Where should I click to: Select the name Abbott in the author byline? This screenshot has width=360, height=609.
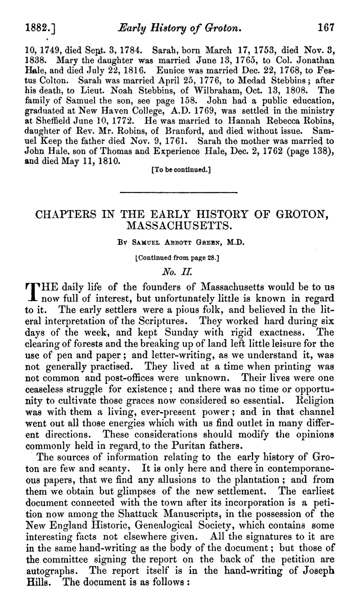pos(166,243)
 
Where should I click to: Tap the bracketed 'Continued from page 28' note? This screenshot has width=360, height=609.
pos(179,258)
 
